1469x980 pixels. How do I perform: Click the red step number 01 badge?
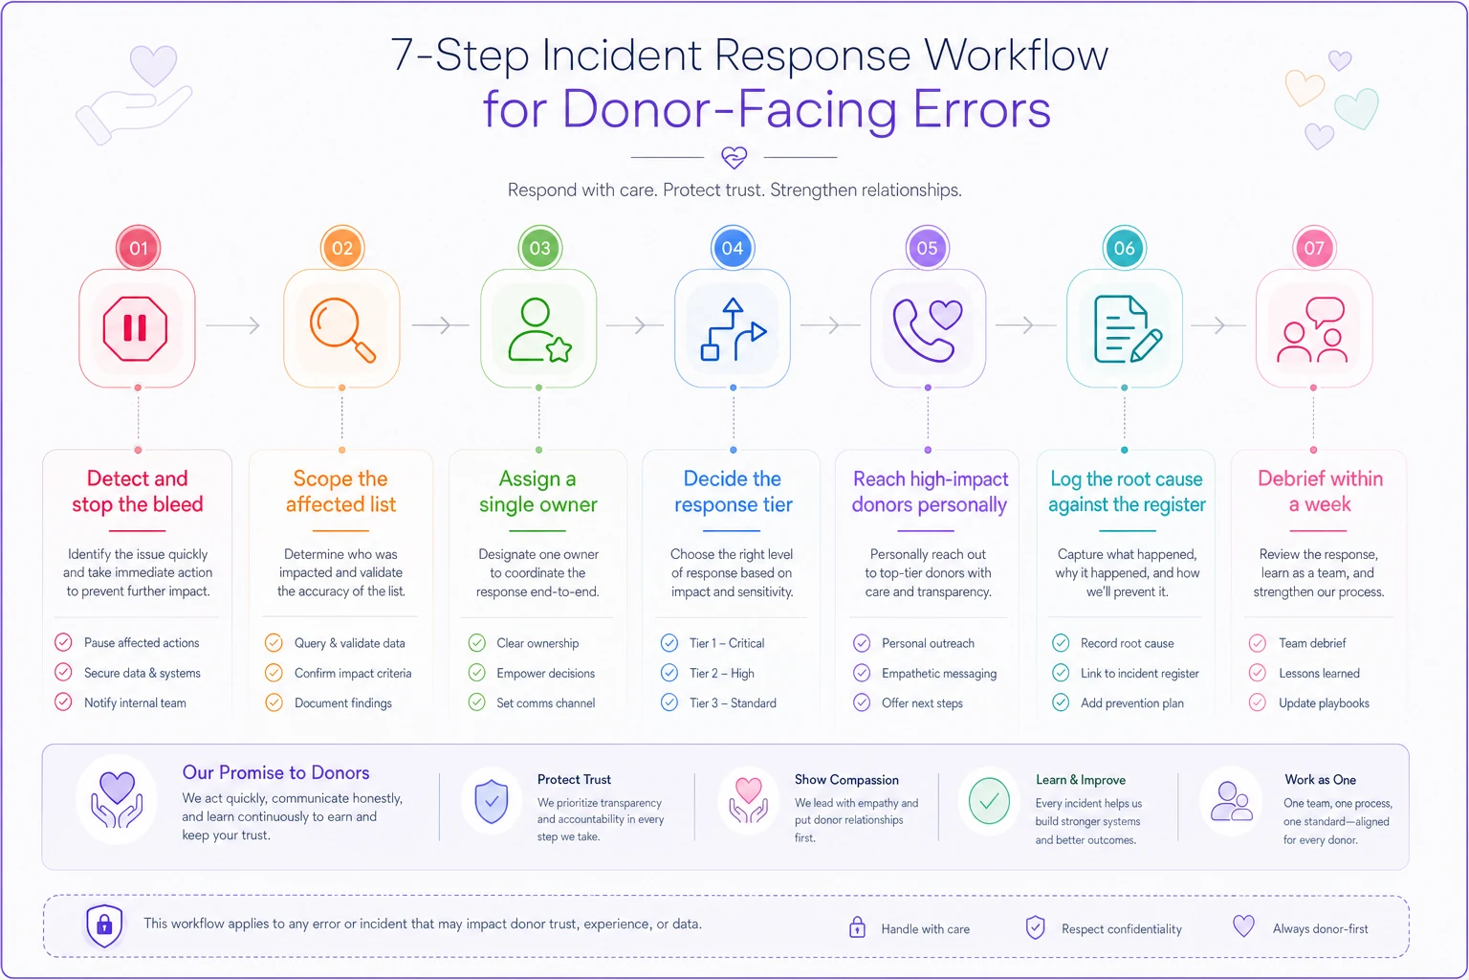tap(138, 248)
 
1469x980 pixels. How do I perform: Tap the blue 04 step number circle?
tap(733, 248)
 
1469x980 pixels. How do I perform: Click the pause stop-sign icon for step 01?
tap(135, 328)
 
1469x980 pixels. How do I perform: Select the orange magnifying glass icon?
tap(342, 329)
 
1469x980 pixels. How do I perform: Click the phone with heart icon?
tap(928, 330)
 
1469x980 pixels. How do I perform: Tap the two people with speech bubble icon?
tap(1312, 329)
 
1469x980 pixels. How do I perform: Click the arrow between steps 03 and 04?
tap(634, 325)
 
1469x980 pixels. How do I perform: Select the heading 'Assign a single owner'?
tap(537, 491)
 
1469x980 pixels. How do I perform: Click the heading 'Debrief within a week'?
tap(1320, 491)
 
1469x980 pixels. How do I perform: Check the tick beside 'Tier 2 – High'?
tap(669, 673)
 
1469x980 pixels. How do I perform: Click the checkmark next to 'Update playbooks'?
tap(1258, 702)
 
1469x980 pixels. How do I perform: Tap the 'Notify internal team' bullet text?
tap(135, 702)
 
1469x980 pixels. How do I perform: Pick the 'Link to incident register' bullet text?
tap(1140, 673)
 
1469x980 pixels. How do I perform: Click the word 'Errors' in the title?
tap(982, 109)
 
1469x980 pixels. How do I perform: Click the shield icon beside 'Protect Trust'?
tap(492, 801)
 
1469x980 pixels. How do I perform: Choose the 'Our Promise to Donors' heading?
tap(276, 772)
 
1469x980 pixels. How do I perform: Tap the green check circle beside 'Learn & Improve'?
tap(989, 801)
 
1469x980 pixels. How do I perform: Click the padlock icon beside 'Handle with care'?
tap(857, 927)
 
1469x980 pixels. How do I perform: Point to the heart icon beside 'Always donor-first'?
tap(1243, 926)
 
